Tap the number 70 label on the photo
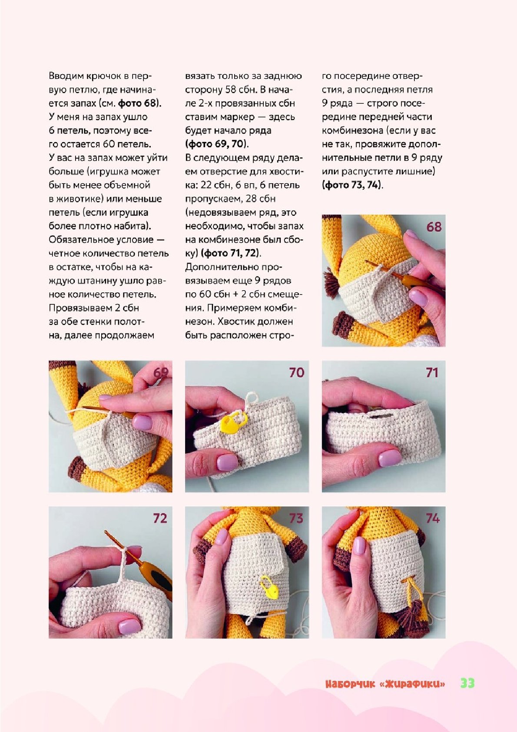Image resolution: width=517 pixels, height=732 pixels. pyautogui.click(x=296, y=373)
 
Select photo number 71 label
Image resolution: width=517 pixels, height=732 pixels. pyautogui.click(x=432, y=373)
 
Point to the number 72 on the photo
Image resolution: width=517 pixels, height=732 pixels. pyautogui.click(x=160, y=518)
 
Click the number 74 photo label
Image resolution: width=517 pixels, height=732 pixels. pyautogui.click(x=433, y=518)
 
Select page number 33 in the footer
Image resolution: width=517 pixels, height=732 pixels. pyautogui.click(x=467, y=683)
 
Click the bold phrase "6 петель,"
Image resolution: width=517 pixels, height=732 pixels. pyautogui.click(x=69, y=131)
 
